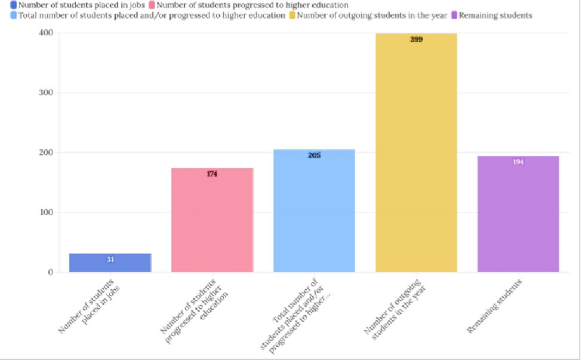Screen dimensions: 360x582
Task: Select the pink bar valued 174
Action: pyautogui.click(x=212, y=221)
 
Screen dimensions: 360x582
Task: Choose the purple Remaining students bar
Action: pyautogui.click(x=518, y=215)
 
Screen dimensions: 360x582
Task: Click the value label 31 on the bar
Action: pyautogui.click(x=110, y=260)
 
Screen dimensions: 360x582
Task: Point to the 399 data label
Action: pyautogui.click(x=416, y=39)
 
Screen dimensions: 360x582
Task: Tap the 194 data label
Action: pyautogui.click(x=518, y=162)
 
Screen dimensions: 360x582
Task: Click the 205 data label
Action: pyautogui.click(x=314, y=155)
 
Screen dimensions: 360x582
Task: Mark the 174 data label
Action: pyautogui.click(x=212, y=174)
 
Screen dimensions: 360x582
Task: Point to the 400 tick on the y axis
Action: pyautogui.click(x=46, y=33)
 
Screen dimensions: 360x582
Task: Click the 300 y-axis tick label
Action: pyautogui.click(x=46, y=93)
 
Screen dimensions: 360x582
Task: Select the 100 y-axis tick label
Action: pyautogui.click(x=46, y=212)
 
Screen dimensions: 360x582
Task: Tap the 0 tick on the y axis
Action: pyautogui.click(x=50, y=272)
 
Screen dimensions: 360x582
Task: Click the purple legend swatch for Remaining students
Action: pyautogui.click(x=454, y=15)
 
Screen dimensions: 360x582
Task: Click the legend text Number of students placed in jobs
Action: pyautogui.click(x=82, y=5)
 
